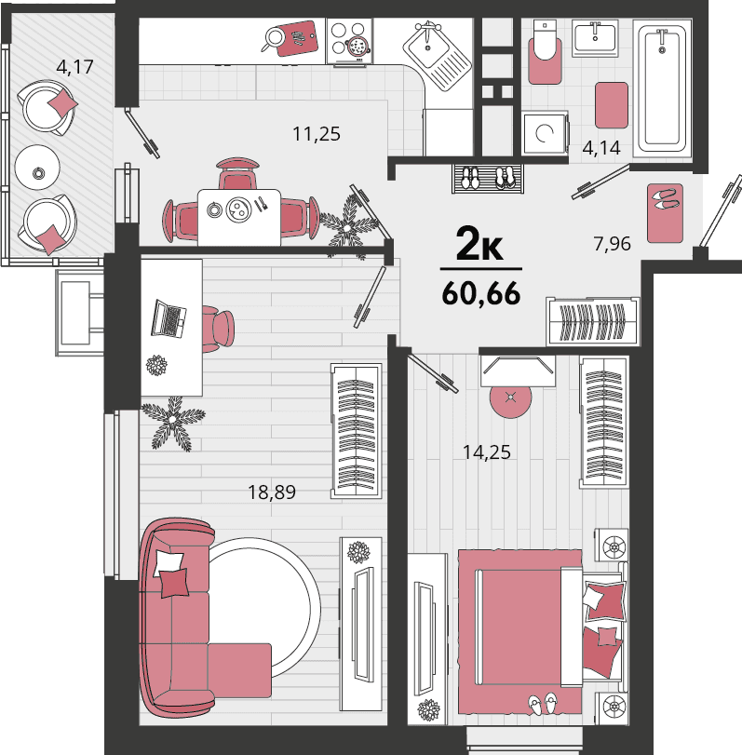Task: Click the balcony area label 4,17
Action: [74, 67]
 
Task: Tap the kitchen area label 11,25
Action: [317, 134]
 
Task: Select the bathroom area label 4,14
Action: [600, 148]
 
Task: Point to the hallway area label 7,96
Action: [612, 244]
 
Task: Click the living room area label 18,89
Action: [272, 492]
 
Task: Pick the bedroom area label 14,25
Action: [486, 452]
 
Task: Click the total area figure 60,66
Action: [481, 293]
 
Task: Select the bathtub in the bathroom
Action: [662, 88]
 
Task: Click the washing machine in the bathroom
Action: [545, 133]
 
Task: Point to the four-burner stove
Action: [349, 41]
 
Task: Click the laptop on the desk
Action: [169, 318]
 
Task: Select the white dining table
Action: [239, 217]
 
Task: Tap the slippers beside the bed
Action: [543, 704]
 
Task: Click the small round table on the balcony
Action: [37, 168]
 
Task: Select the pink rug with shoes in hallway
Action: [665, 213]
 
